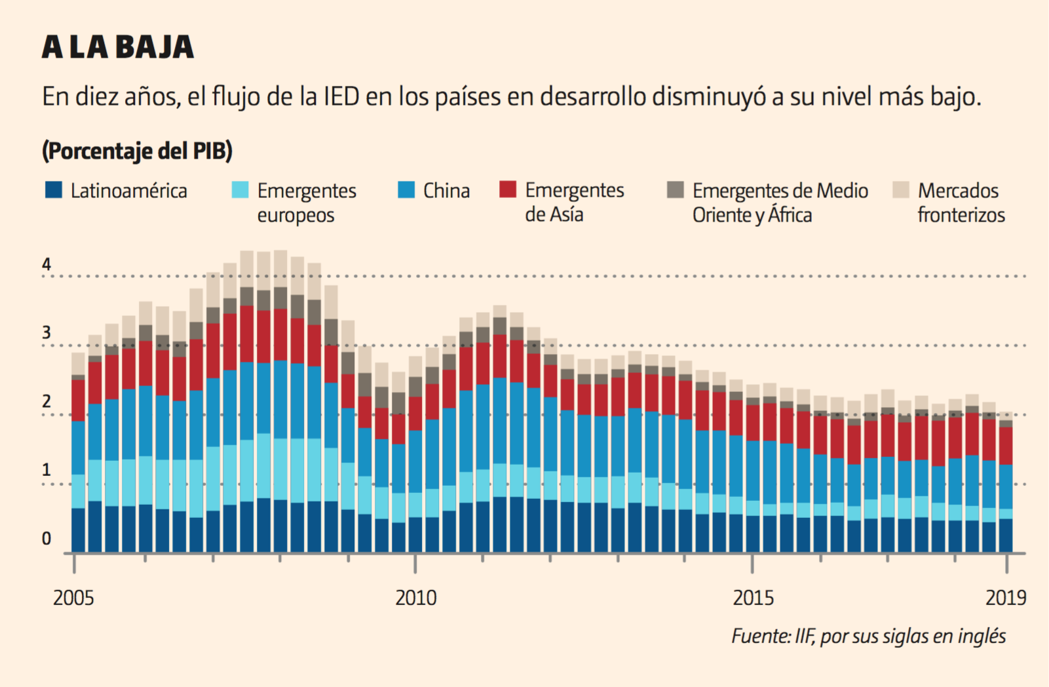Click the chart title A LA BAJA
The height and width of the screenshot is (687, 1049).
pos(118,47)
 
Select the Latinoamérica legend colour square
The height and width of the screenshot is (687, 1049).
pos(54,190)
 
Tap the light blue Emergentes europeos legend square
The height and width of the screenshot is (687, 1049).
pos(240,190)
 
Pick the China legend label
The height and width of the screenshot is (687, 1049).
pos(446,191)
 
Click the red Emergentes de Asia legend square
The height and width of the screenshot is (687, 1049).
pos(508,189)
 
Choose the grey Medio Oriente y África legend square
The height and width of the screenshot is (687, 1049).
pos(676,190)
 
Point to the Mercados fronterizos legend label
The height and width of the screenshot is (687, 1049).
pos(961,203)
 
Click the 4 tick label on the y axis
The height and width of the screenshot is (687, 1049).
pos(47,264)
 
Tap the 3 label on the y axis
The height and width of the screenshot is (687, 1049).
pos(47,333)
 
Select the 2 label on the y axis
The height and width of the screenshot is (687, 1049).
pos(47,401)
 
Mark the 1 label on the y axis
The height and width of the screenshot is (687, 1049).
pos(47,470)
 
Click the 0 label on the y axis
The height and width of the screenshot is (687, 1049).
pos(47,539)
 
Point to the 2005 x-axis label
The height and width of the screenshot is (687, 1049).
pos(73,598)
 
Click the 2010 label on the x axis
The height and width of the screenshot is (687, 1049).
pos(415,598)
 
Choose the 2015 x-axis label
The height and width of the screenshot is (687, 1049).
pos(753,598)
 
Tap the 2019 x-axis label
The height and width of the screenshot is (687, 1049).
pos(1006,598)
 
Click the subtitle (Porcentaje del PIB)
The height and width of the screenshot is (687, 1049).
pos(138,151)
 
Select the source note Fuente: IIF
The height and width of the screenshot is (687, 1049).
pos(868,636)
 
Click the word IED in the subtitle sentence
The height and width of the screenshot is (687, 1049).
pos(341,97)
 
